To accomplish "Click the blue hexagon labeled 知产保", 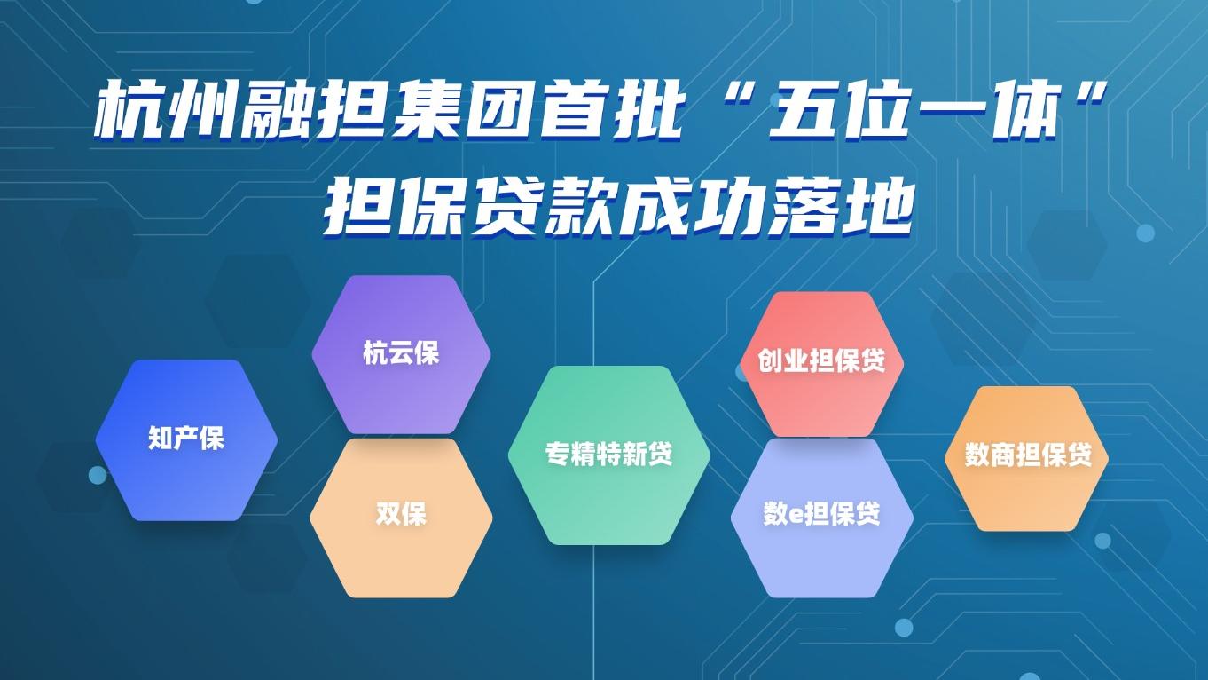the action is tap(186, 439).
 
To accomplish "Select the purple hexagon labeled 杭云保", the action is tap(401, 354).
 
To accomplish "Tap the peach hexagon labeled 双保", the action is tap(401, 518).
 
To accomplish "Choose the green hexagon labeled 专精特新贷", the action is tap(608, 455).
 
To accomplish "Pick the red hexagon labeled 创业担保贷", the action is tap(821, 364).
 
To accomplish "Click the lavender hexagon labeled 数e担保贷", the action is tap(822, 518).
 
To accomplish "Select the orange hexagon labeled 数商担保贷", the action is tap(1027, 458).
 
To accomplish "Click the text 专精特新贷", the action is tap(608, 455).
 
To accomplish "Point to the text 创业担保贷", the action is tap(821, 360).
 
